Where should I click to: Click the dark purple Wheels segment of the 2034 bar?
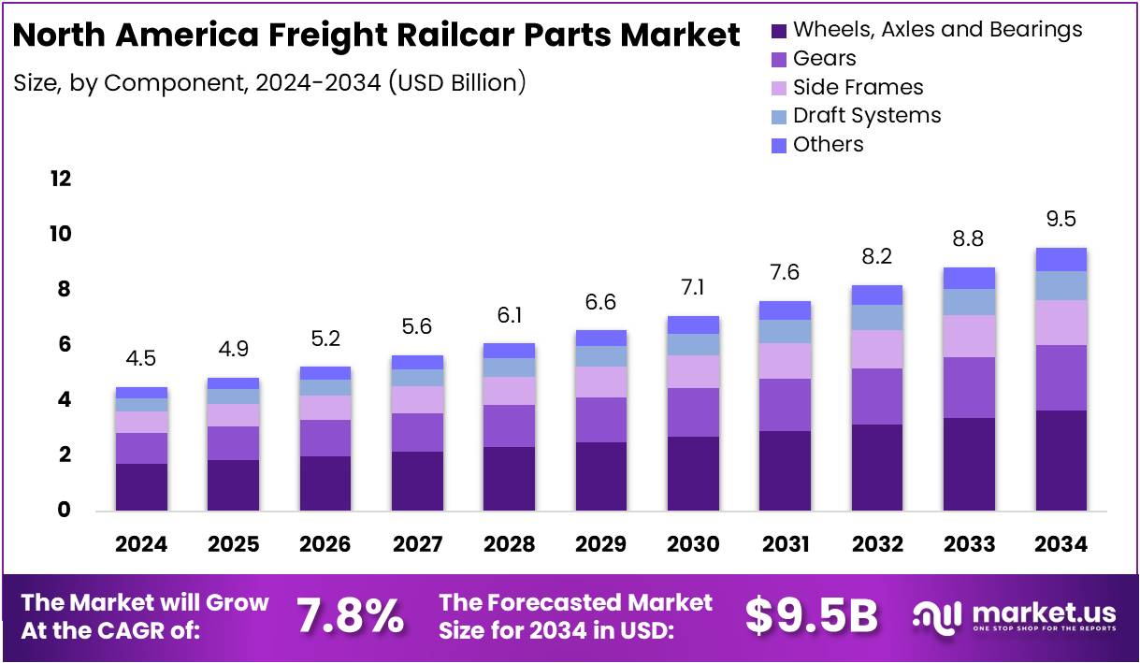(x=1061, y=460)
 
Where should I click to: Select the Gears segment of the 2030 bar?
(x=693, y=412)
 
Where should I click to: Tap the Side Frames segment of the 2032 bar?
(x=877, y=349)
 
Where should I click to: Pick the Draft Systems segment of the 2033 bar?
(x=969, y=302)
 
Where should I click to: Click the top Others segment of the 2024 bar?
(x=141, y=393)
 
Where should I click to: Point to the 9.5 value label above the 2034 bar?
(x=1061, y=220)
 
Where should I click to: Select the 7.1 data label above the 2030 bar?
(x=693, y=288)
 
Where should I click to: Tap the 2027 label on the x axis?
(x=417, y=544)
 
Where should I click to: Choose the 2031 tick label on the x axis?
(x=785, y=544)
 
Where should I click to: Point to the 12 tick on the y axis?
(x=61, y=179)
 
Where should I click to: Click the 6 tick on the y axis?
(x=65, y=345)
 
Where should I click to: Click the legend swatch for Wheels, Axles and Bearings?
(x=779, y=31)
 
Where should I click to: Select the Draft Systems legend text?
(x=867, y=115)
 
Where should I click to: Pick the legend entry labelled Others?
(x=828, y=144)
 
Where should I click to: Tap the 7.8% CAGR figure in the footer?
(x=351, y=615)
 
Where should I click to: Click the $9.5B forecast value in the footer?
(x=812, y=615)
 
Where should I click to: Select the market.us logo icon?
(x=936, y=615)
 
